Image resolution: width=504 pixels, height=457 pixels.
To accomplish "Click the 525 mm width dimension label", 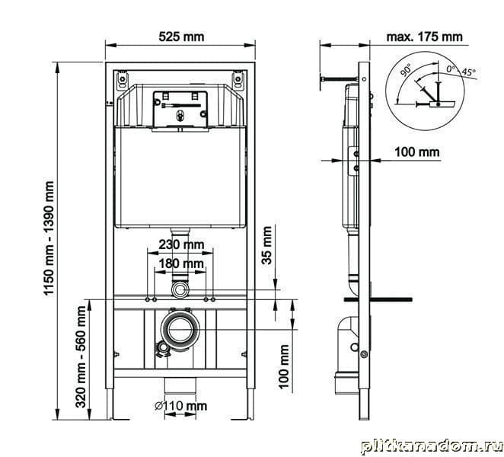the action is [x=181, y=37].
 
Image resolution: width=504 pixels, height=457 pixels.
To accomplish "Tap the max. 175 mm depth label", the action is [x=424, y=37].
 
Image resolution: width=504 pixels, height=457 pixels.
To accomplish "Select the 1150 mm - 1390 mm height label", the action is [x=49, y=238].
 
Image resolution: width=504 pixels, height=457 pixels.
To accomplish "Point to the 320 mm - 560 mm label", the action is [x=81, y=357].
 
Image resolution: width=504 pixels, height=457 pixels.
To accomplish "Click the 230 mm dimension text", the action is [x=181, y=244].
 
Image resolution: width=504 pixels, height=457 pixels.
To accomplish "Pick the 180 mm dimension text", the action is [x=181, y=264].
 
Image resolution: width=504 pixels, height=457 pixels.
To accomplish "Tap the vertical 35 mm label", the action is [x=266, y=245].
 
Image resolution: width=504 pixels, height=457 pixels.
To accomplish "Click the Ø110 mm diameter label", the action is [x=180, y=406].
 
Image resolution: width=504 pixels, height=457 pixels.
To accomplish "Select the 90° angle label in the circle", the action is [x=406, y=70].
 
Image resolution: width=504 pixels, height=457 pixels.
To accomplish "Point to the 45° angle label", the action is [x=468, y=72].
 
